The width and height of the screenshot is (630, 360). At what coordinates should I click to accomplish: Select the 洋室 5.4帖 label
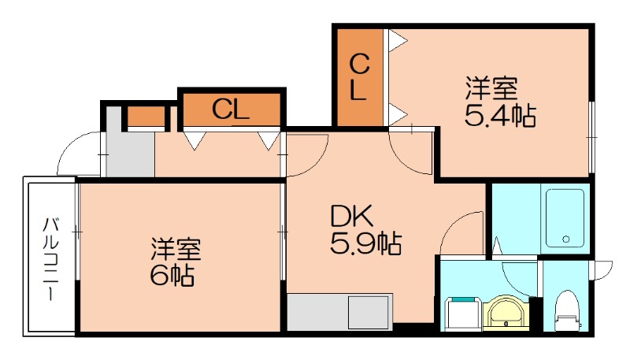499,102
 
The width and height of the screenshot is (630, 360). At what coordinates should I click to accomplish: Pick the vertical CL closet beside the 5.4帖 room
358,76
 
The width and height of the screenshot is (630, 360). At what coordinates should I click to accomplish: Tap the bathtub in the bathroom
565,217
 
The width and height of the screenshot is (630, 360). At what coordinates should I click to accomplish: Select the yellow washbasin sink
505,312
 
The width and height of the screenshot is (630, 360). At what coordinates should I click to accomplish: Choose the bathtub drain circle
565,239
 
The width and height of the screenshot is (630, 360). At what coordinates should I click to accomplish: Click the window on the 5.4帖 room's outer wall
591,138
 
